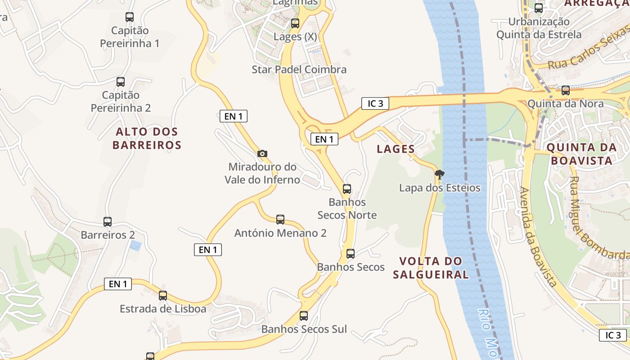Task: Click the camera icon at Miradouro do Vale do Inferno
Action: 262,154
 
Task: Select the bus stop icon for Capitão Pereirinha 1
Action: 130,17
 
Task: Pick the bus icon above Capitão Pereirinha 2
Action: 121,82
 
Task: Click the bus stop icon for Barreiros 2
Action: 108,222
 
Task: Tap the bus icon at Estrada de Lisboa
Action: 163,296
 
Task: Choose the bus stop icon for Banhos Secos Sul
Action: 304,316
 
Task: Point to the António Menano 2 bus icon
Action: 280,220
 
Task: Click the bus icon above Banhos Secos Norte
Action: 347,189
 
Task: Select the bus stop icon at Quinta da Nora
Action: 566,90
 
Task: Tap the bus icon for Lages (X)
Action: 295,23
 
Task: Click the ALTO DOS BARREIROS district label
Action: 147,138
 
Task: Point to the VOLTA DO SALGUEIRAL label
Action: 431,268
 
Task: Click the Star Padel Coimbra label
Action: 299,69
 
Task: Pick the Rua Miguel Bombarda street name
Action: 598,218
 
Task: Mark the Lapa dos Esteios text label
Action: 440,188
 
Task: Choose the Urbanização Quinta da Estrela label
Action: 539,28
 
